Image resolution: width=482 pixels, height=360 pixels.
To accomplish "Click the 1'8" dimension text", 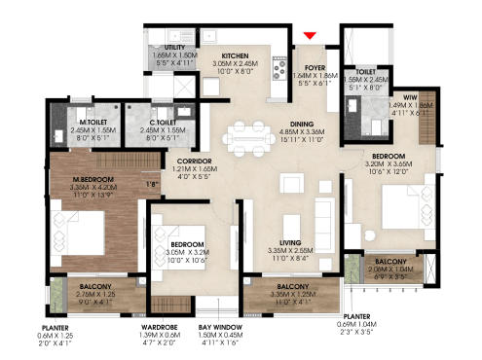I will pyautogui.click(x=152, y=183).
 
